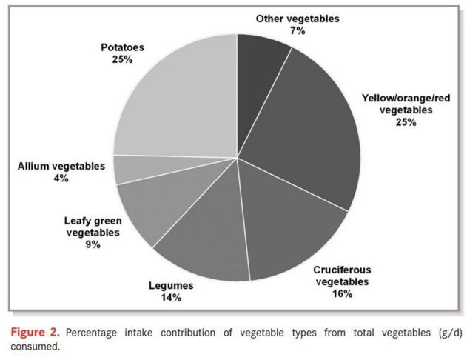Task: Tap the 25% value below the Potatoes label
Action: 122,59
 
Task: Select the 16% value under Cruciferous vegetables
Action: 342,293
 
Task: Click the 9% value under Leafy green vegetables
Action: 93,244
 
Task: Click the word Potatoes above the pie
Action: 122,47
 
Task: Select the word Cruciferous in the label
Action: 342,270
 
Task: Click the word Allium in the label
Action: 34,167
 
